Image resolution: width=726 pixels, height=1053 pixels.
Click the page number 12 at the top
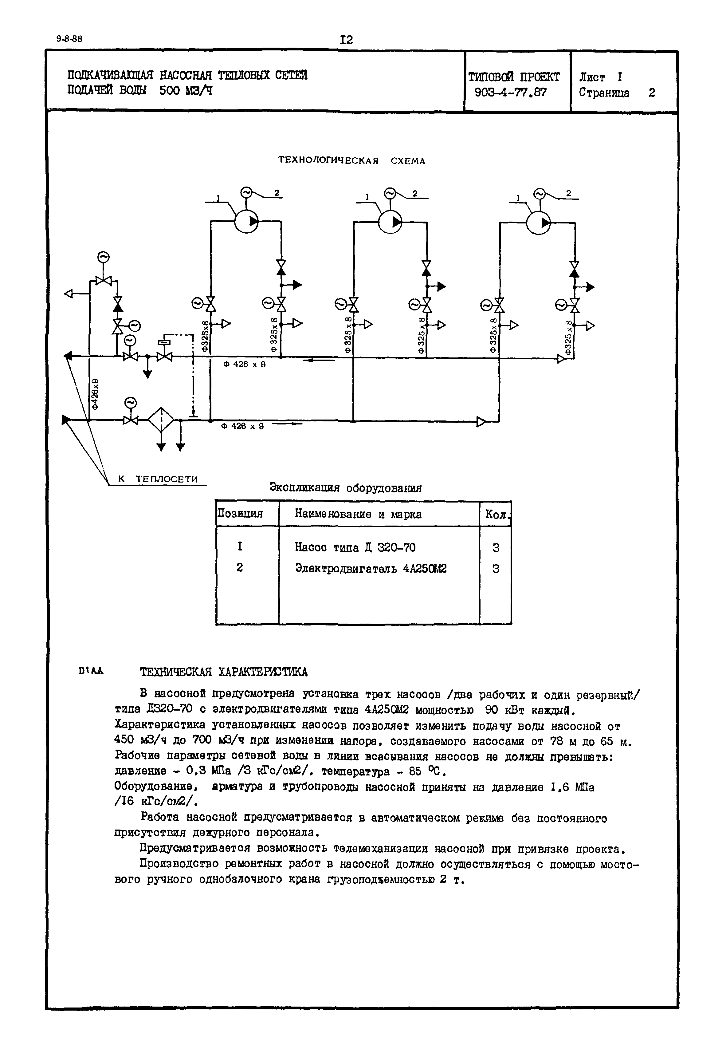(346, 40)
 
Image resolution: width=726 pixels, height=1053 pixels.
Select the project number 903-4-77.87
(510, 93)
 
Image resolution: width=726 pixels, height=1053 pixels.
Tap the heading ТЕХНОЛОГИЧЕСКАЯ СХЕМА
(351, 161)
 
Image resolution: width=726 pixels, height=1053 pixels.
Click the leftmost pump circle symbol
(246, 221)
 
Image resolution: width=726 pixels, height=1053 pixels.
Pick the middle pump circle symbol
(390, 222)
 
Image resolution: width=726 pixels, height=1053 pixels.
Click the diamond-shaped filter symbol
(161, 420)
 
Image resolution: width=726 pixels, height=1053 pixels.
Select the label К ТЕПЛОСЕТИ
(158, 479)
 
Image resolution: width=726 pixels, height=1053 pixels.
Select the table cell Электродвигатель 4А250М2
(371, 568)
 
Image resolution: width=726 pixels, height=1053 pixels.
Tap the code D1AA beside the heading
(91, 670)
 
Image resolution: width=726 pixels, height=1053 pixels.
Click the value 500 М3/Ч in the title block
(186, 91)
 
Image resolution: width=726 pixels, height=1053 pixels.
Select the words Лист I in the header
(600, 77)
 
